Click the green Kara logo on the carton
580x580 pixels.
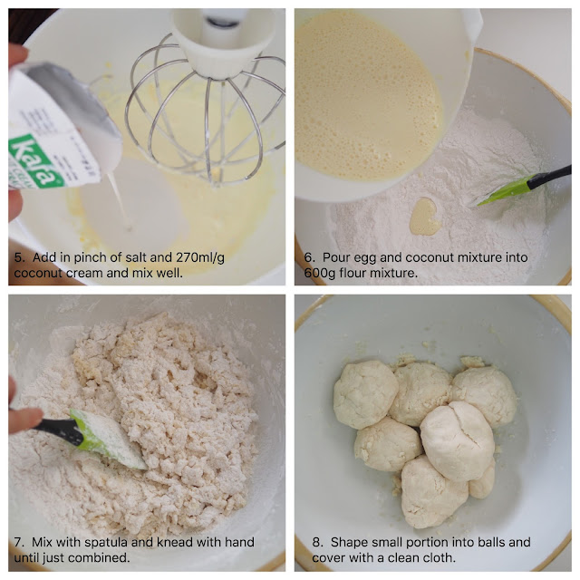[x=35, y=162]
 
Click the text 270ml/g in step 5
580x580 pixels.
[x=200, y=257]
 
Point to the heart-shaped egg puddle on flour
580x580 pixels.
[x=425, y=217]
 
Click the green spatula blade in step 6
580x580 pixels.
[x=503, y=190]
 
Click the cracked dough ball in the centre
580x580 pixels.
[x=458, y=441]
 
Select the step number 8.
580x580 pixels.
[x=316, y=542]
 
